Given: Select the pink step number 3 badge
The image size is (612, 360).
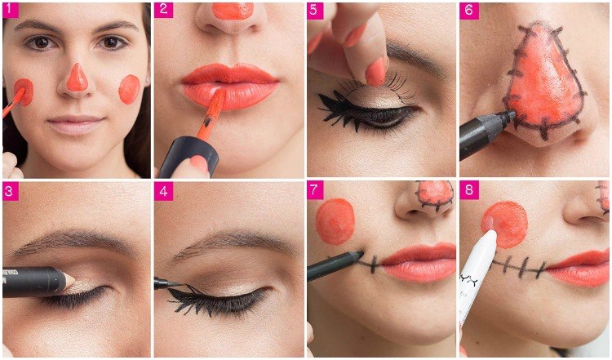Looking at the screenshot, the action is pyautogui.click(x=11, y=192).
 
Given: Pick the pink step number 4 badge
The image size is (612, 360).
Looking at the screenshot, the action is pyautogui.click(x=163, y=192).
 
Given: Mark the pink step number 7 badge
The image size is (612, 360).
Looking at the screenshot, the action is pyautogui.click(x=315, y=191).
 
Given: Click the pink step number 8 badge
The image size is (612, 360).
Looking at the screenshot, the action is pyautogui.click(x=468, y=191).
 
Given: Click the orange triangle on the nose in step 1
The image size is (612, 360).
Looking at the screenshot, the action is pyautogui.click(x=77, y=78).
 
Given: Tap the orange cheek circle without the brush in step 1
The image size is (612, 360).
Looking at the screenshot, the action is pyautogui.click(x=129, y=90).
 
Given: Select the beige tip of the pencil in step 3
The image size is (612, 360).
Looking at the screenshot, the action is pyautogui.click(x=70, y=280).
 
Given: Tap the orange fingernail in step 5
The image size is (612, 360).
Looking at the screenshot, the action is pyautogui.click(x=375, y=72).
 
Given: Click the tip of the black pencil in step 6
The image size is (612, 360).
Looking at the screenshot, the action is pyautogui.click(x=512, y=114).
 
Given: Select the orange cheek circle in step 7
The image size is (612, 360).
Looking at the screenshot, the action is pyautogui.click(x=335, y=221).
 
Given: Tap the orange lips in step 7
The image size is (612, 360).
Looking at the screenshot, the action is pyautogui.click(x=418, y=262).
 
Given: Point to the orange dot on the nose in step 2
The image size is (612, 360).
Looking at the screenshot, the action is pyautogui.click(x=233, y=11).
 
